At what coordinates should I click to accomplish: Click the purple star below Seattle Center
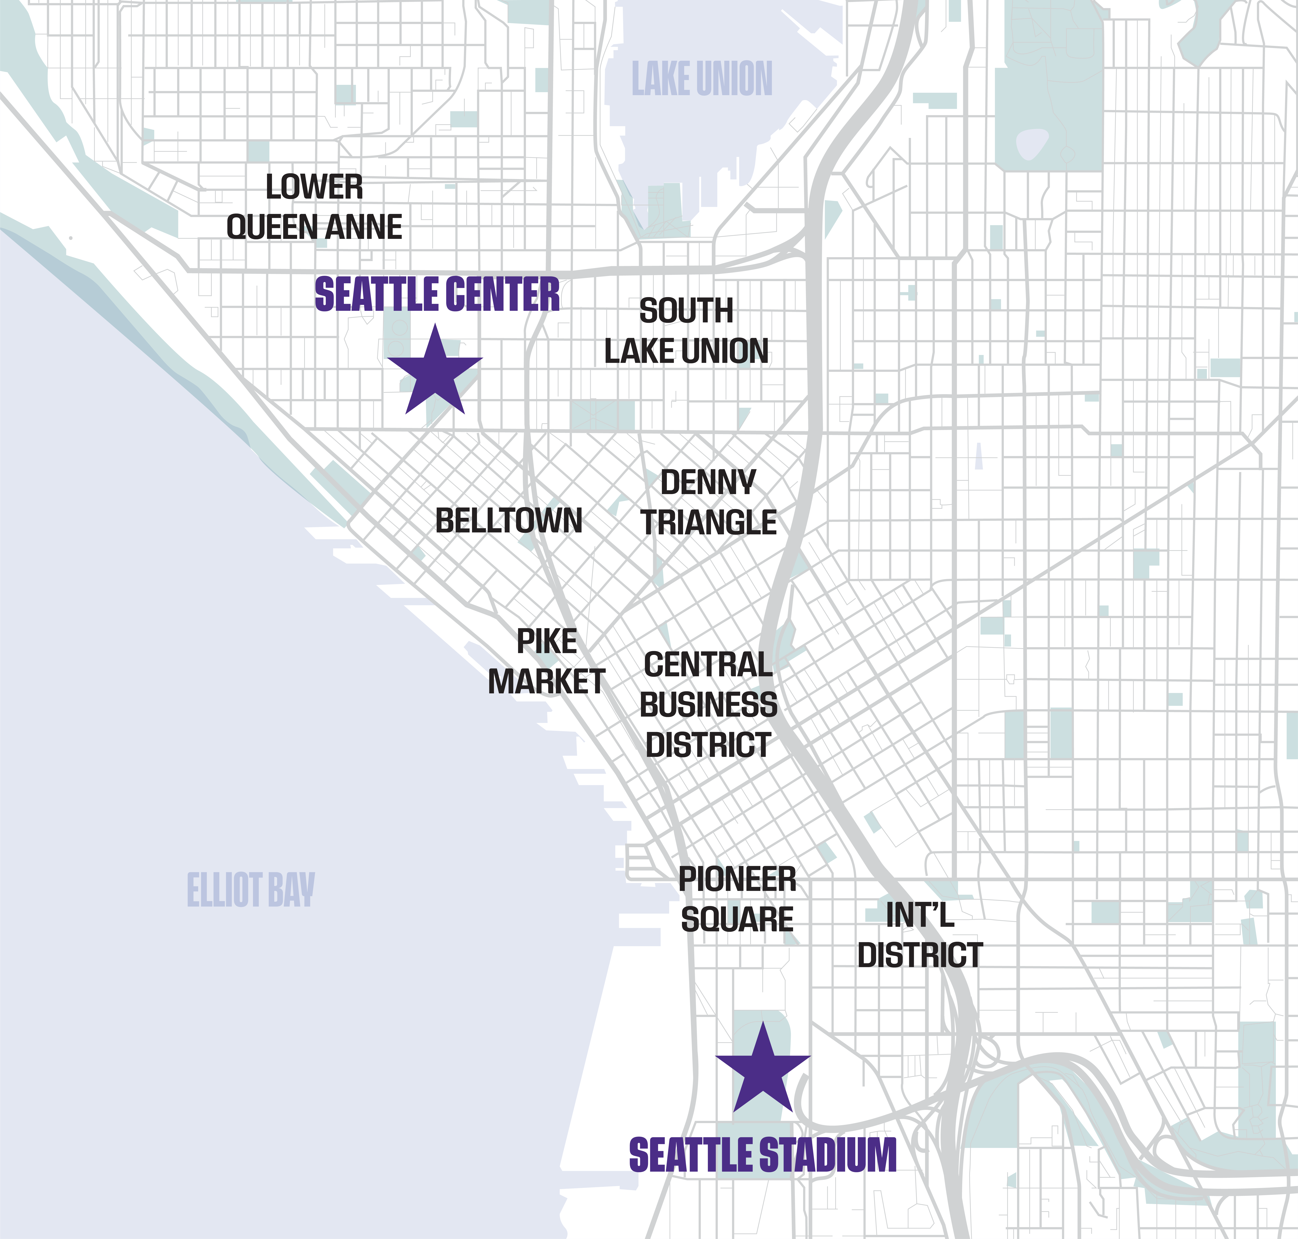435,373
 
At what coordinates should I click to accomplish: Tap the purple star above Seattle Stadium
763,1073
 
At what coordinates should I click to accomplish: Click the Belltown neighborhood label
508,521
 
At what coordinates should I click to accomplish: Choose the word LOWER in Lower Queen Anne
314,188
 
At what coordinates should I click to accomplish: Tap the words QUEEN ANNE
314,227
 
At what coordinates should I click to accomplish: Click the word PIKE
547,641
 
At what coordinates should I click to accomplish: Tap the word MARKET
547,682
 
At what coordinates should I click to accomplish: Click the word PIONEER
738,880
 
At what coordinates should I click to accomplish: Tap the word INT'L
920,915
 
